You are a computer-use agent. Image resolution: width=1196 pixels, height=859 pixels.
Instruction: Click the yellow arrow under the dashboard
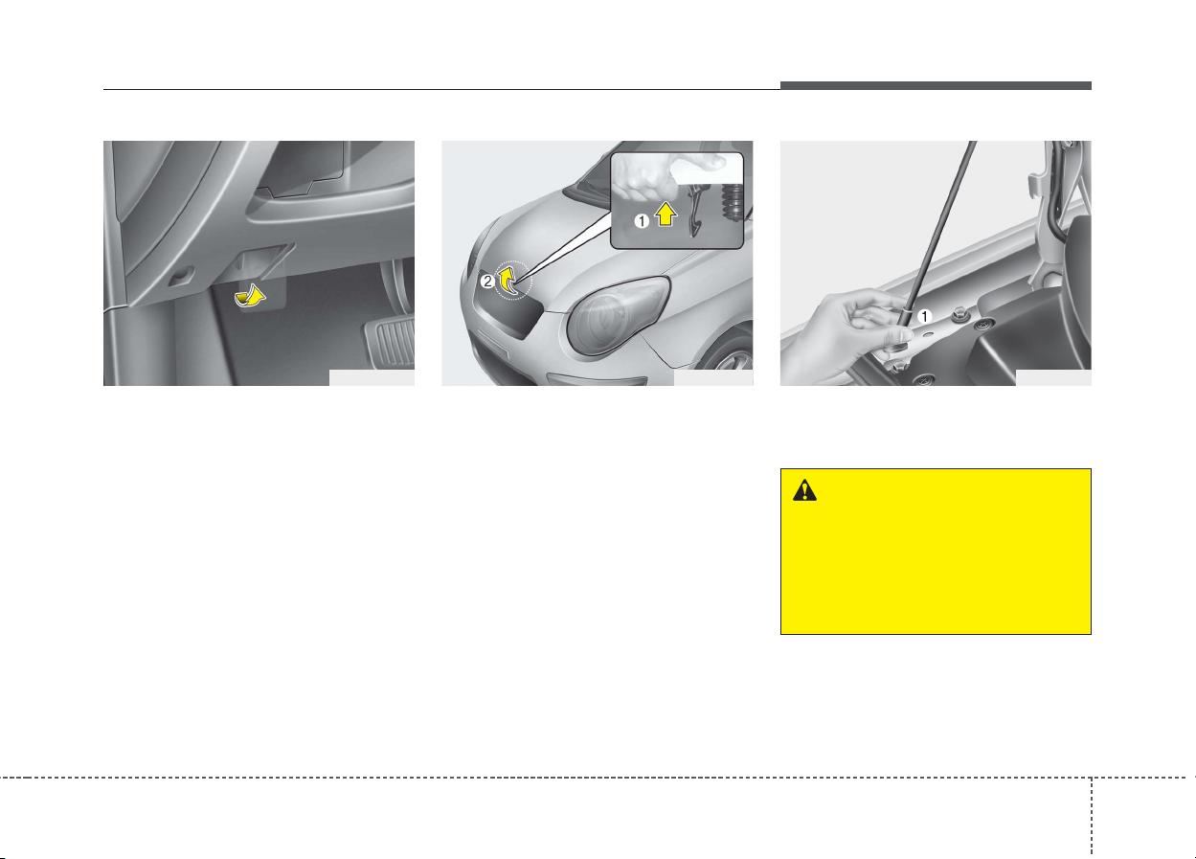click(249, 296)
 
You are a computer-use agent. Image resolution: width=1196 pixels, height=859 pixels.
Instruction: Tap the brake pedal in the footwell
click(390, 342)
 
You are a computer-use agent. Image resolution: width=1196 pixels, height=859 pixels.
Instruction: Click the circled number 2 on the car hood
click(487, 282)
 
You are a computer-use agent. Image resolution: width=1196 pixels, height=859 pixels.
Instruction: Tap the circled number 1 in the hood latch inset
click(642, 220)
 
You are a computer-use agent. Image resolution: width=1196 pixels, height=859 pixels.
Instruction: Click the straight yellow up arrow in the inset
click(666, 215)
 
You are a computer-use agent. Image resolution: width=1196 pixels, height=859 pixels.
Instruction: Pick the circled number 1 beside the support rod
click(924, 317)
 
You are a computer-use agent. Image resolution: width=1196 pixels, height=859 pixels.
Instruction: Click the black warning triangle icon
click(804, 490)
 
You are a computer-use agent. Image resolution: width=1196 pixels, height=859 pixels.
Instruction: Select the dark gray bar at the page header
click(936, 85)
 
